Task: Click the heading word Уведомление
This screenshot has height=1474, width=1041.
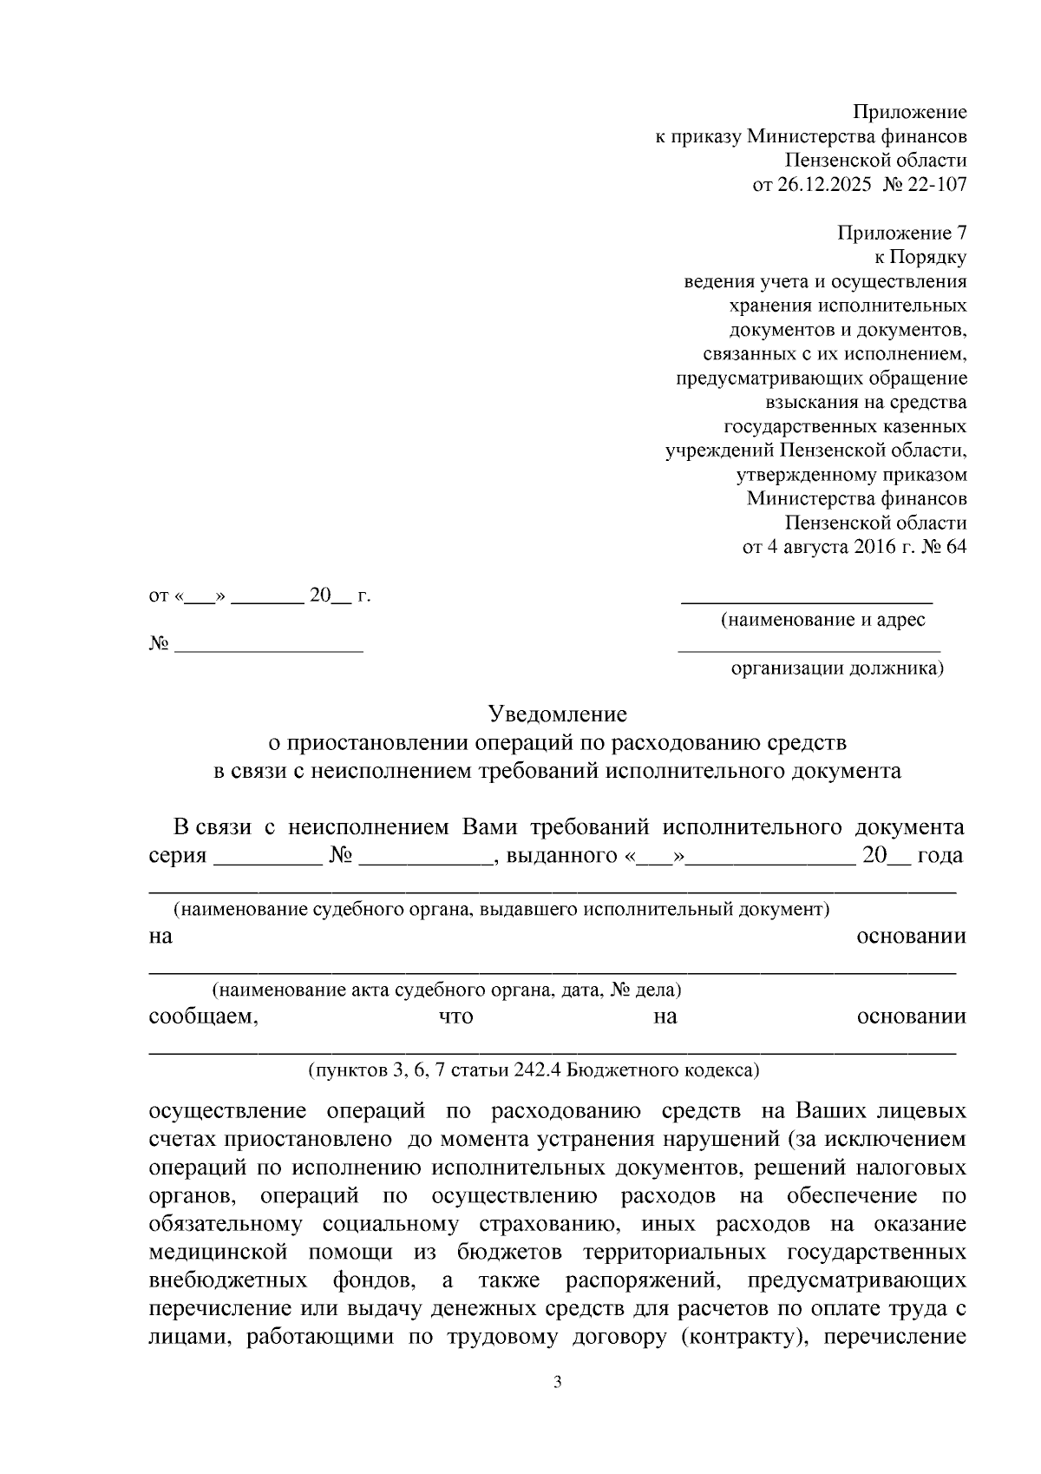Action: point(557,714)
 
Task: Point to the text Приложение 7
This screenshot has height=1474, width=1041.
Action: point(901,234)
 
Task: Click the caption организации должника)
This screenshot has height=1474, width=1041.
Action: point(837,668)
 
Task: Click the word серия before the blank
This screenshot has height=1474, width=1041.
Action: point(177,855)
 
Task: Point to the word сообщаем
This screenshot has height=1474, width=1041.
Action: point(203,1017)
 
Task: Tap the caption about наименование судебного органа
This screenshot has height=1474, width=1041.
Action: point(501,909)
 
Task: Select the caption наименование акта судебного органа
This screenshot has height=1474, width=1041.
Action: point(447,990)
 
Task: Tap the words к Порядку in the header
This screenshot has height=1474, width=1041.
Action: point(920,258)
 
